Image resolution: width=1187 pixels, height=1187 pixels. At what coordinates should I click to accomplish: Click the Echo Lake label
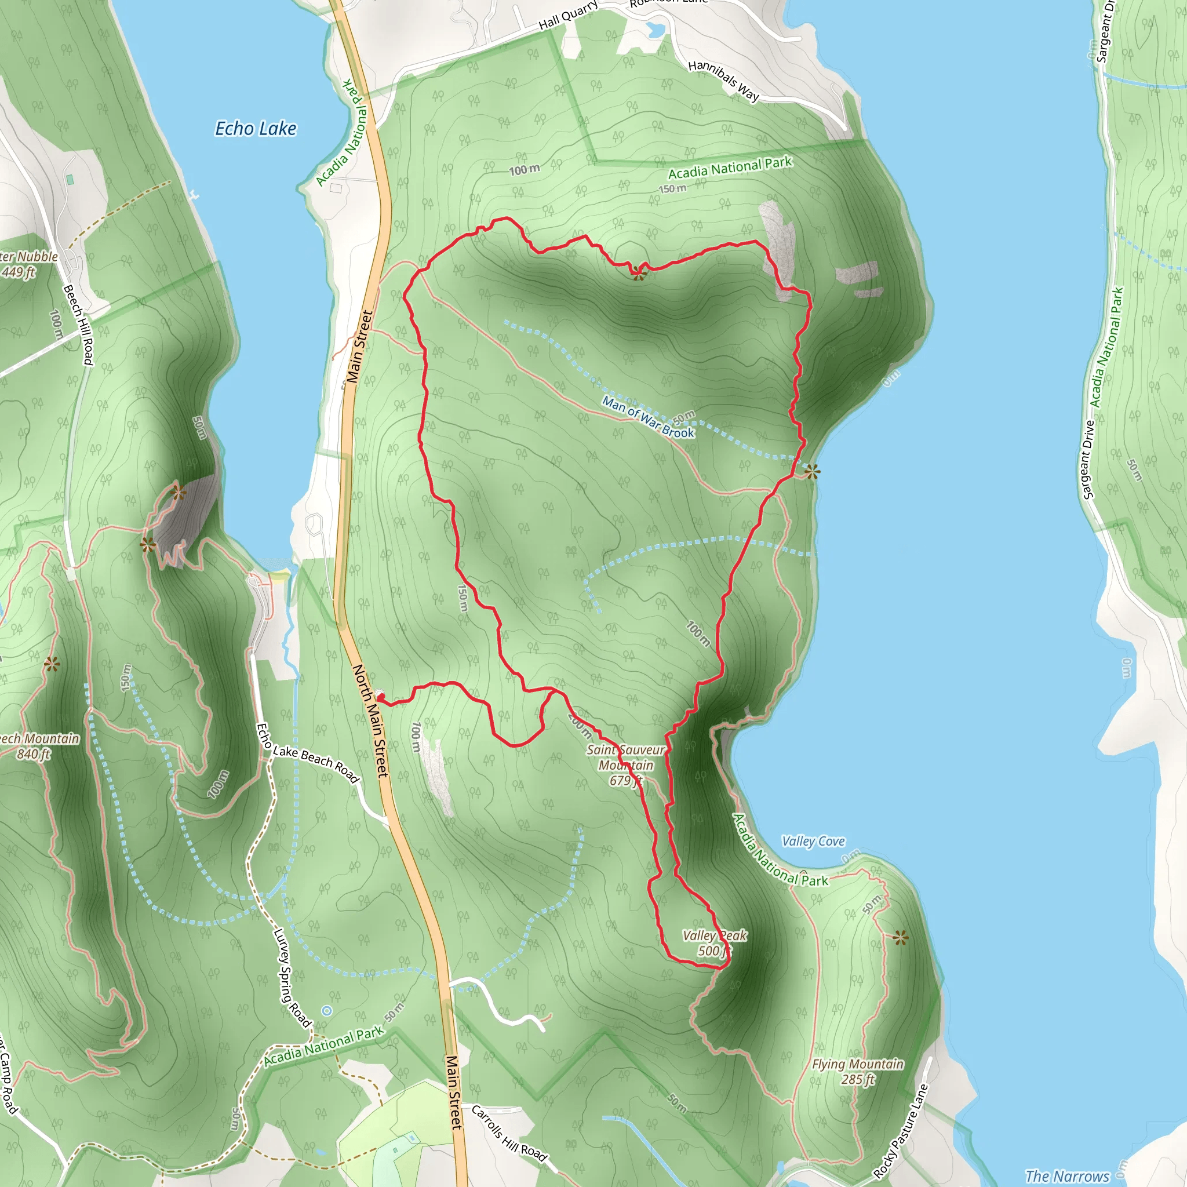click(256, 129)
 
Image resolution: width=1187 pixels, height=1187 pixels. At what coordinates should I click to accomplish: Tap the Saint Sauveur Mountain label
click(625, 765)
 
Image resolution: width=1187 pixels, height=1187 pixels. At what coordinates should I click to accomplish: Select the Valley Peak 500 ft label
click(715, 943)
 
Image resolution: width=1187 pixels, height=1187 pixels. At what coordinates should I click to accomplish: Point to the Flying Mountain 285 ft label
click(858, 1072)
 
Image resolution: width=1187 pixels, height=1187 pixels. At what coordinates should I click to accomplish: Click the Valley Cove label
click(813, 841)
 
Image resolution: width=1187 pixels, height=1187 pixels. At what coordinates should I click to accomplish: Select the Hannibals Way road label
click(724, 81)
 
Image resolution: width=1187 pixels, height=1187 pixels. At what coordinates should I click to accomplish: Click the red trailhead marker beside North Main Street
click(380, 696)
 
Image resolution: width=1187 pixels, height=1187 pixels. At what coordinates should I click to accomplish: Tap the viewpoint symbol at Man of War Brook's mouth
click(812, 472)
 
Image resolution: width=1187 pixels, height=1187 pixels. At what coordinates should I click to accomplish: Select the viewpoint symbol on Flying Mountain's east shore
click(901, 938)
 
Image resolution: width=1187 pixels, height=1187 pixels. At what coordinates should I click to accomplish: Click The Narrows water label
click(1067, 1176)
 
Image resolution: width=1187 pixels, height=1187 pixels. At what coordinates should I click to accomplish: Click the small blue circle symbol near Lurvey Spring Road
click(327, 1011)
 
